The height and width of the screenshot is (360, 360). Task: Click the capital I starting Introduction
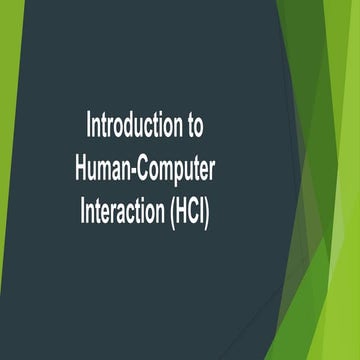coord(89,127)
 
